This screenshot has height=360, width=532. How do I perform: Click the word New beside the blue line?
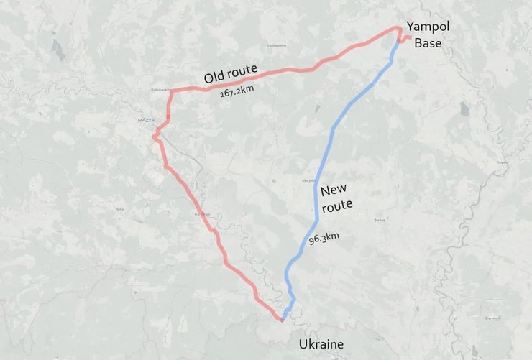coord(334,190)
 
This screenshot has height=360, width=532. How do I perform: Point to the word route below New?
coord(336,206)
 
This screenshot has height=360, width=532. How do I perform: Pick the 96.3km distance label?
coord(324,237)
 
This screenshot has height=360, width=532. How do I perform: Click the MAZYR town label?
coord(146,119)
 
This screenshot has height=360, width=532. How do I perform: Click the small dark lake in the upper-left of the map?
coord(58,50)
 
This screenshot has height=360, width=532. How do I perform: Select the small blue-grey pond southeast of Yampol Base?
coord(464,109)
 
